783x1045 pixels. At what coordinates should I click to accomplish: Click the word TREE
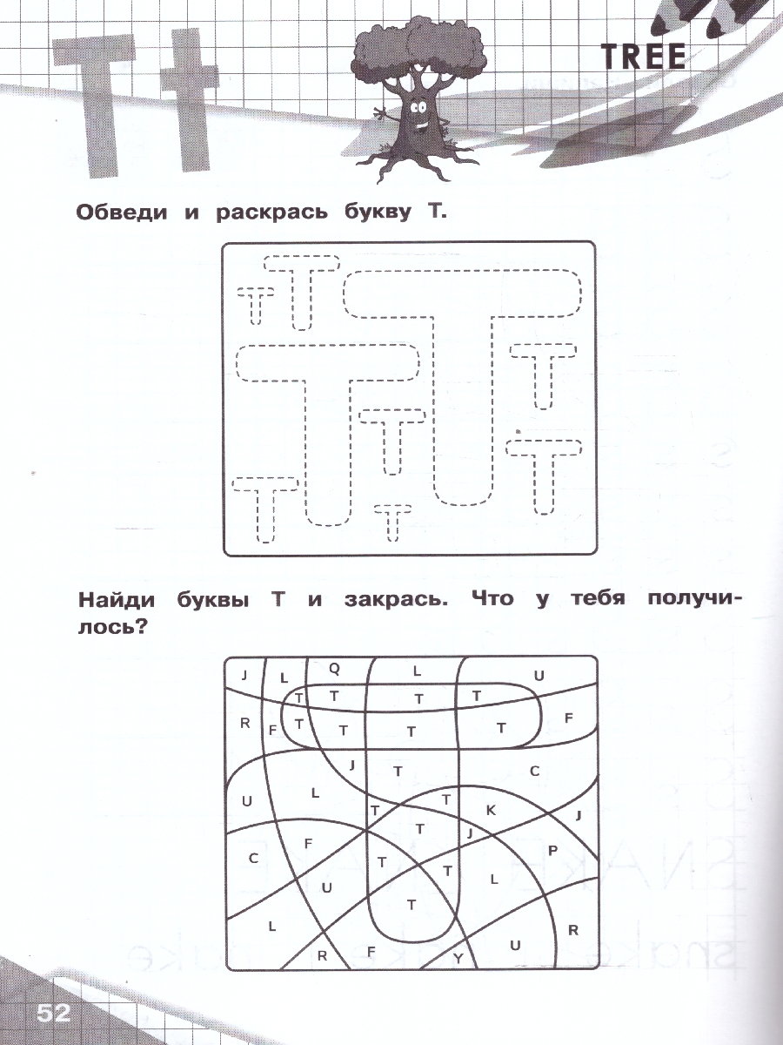click(x=644, y=57)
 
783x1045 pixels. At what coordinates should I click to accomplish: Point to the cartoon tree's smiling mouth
click(x=421, y=125)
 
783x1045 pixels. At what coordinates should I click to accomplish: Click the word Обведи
click(x=122, y=212)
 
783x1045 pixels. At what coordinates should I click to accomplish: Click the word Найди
click(x=117, y=600)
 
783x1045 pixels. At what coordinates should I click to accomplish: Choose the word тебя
click(x=598, y=599)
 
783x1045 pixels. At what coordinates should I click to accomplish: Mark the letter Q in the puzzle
click(x=335, y=670)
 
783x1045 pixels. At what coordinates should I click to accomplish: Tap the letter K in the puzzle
click(x=491, y=810)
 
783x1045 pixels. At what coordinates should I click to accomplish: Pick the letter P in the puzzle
click(x=552, y=850)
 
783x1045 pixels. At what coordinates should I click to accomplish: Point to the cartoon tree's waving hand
click(x=379, y=113)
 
